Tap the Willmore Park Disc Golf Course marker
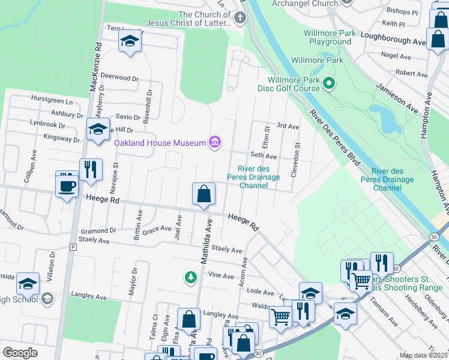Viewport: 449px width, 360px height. click(x=328, y=83)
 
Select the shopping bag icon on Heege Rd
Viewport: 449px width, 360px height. click(x=204, y=194)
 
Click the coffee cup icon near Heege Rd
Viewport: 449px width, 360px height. click(x=67, y=184)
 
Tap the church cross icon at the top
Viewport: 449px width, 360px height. click(x=240, y=17)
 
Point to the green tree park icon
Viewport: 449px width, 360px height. click(x=190, y=277)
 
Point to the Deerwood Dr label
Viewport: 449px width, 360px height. click(x=119, y=77)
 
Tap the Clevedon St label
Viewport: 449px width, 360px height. click(x=295, y=159)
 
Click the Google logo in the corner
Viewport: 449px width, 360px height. click(x=20, y=353)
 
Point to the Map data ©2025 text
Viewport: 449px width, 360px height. click(x=423, y=355)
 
